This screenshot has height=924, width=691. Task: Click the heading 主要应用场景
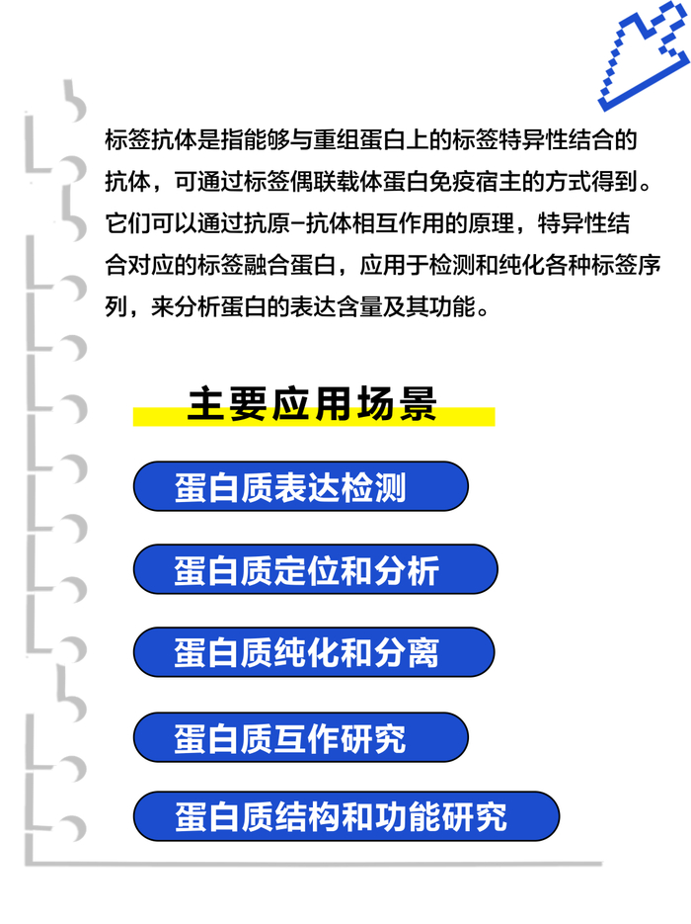312,406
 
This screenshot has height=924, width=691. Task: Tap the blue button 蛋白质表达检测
300,487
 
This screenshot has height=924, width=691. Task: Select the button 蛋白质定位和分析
315,570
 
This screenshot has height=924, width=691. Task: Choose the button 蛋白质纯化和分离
313,653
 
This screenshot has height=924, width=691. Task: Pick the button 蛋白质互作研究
300,737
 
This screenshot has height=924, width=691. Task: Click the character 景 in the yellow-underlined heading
416,406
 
